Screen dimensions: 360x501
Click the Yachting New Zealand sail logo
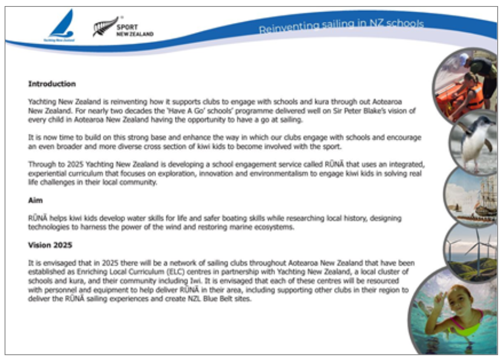pyautogui.click(x=62, y=25)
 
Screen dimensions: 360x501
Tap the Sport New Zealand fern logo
pyautogui.click(x=105, y=27)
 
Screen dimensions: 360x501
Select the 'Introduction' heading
pyautogui.click(x=51, y=84)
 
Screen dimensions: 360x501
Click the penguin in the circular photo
pyautogui.click(x=474, y=140)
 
